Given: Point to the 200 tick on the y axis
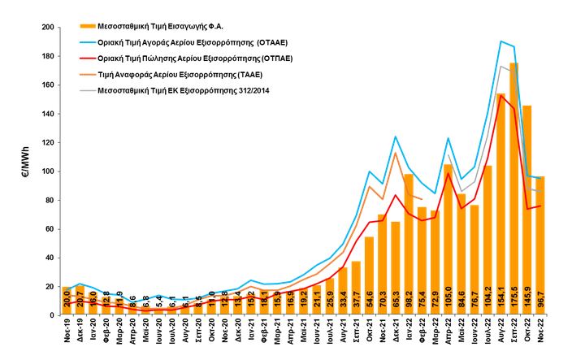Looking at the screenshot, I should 46,28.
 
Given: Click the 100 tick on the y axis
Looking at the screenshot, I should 46,171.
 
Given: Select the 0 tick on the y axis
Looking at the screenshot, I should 50,315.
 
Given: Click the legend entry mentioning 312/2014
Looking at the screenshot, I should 183,89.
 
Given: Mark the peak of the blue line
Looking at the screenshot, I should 500,41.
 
